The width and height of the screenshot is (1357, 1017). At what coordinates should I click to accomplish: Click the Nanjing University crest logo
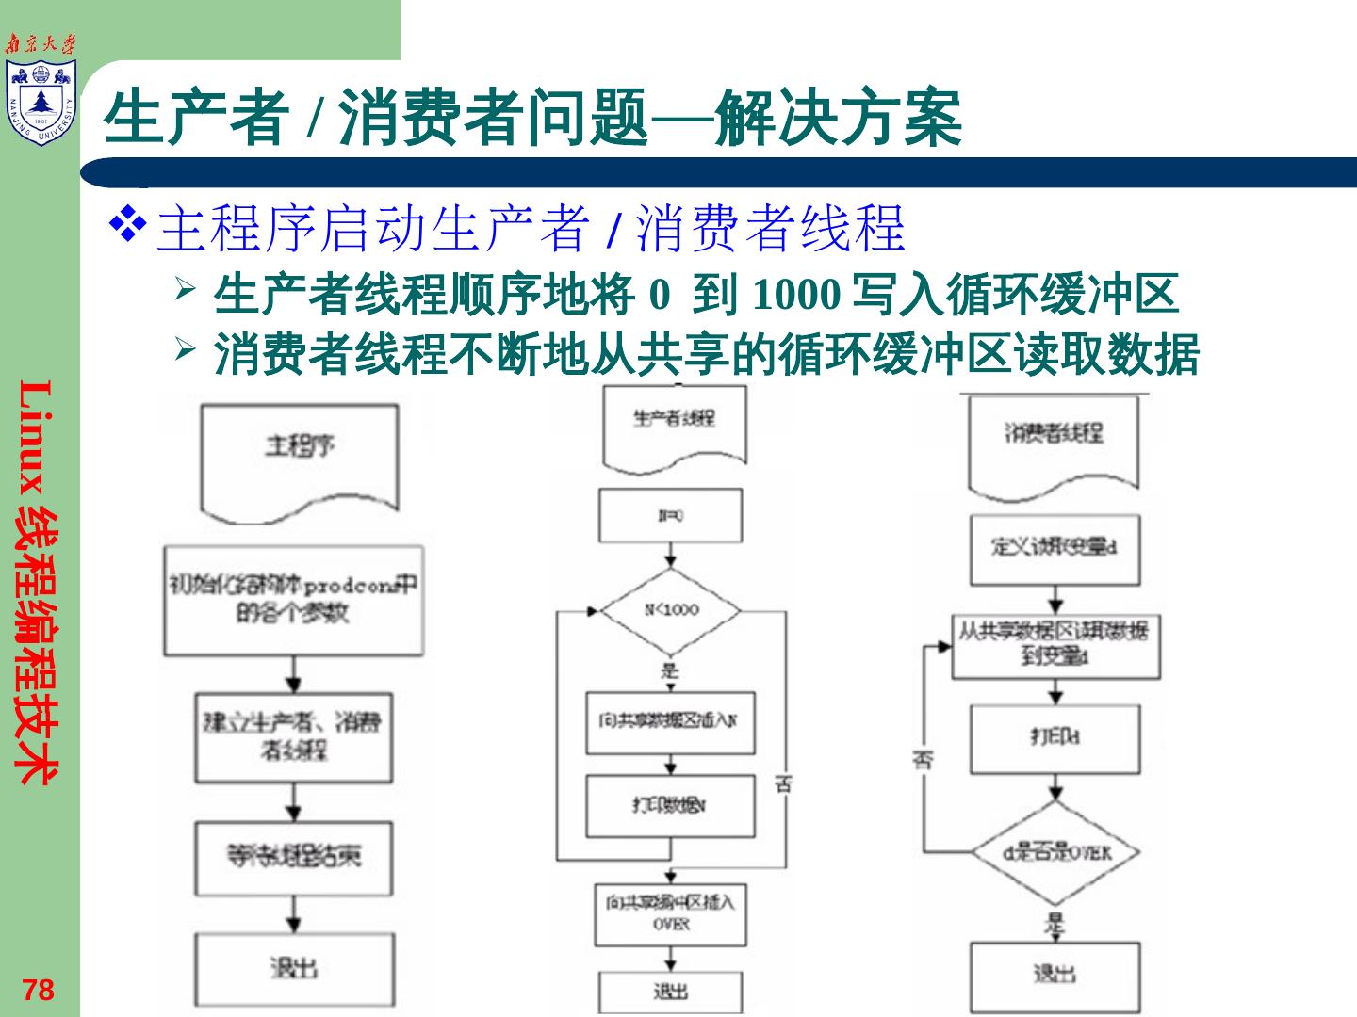41,102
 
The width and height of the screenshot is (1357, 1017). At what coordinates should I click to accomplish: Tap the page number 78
39,990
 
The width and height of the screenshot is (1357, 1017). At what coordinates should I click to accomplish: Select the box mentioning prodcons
293,600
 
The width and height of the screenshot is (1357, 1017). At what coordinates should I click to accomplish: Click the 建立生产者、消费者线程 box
293,737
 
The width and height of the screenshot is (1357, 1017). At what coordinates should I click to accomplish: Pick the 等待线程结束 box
293,857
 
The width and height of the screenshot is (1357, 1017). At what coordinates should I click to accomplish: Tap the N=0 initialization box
671,516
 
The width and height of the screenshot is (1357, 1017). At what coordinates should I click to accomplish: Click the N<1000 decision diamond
671,610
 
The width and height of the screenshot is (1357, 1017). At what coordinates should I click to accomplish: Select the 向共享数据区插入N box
670,722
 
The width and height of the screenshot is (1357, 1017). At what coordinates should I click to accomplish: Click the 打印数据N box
670,806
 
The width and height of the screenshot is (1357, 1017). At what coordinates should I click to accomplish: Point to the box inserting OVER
670,913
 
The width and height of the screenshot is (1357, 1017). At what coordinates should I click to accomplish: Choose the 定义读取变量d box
1055,547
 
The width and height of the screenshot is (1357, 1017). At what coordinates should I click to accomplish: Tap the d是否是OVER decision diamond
1056,852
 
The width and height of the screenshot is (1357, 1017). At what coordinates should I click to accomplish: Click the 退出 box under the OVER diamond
1055,976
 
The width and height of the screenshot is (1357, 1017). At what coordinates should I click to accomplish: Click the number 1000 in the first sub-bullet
796,296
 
